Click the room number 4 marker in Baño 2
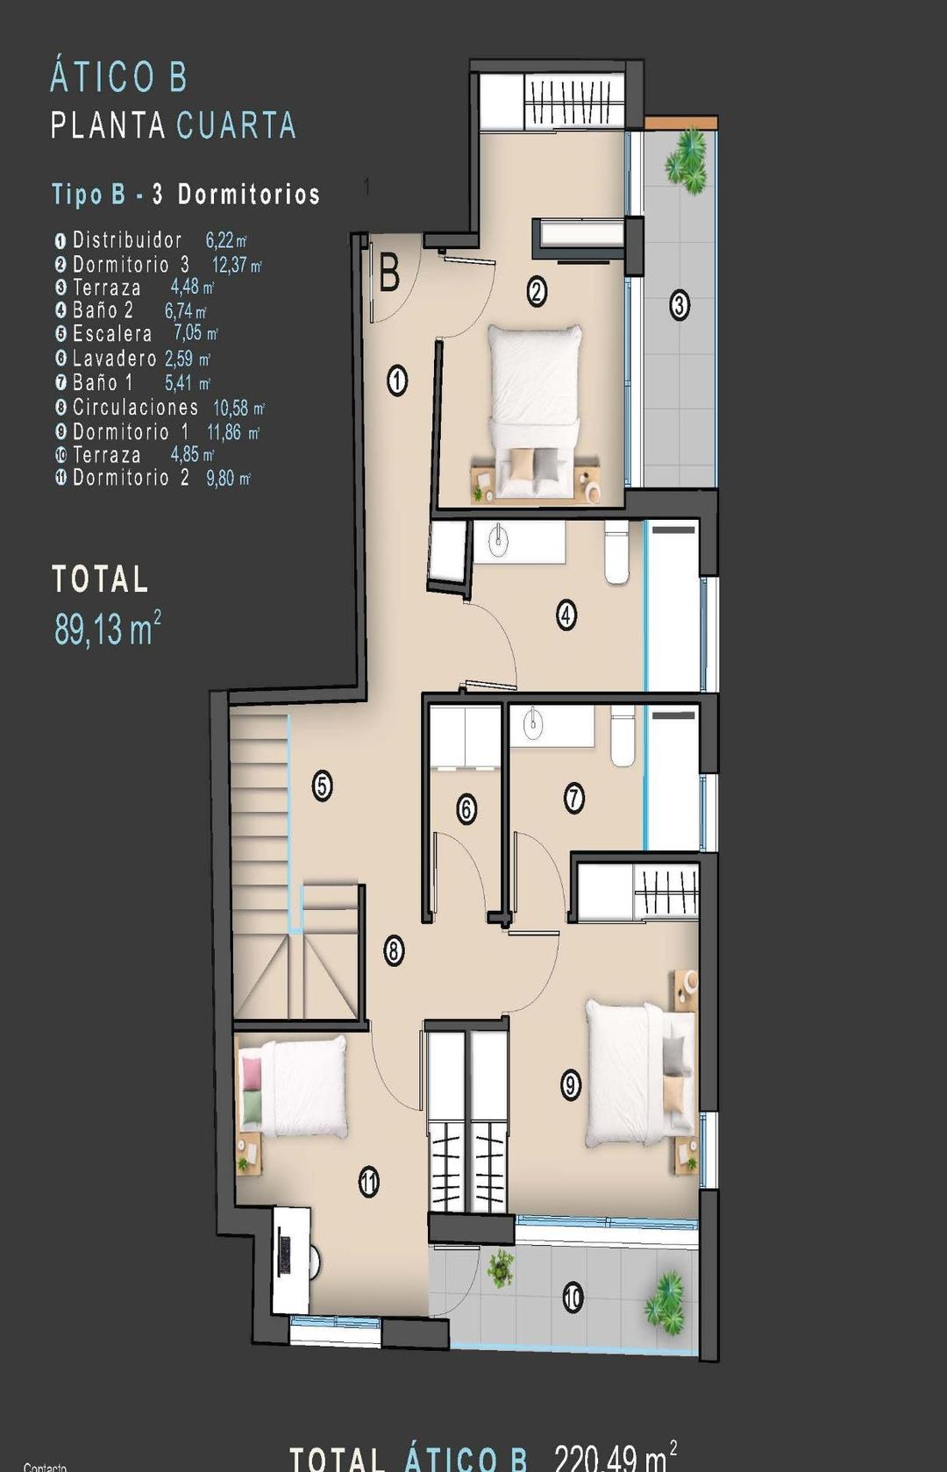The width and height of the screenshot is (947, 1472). point(566,615)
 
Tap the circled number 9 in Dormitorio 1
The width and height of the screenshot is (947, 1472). point(571,1085)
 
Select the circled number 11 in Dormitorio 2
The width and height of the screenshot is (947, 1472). point(369,1183)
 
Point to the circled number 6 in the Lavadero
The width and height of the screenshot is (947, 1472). point(466,808)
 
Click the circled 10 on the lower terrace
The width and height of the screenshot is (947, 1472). point(573,1297)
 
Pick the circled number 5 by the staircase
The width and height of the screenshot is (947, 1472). point(322,786)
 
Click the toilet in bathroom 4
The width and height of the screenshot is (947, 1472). point(616,554)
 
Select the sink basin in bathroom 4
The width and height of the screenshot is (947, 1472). point(498,542)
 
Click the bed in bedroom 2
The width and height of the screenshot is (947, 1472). point(535,408)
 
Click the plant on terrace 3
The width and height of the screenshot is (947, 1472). point(687,162)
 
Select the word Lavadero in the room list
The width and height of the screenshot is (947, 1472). point(115,359)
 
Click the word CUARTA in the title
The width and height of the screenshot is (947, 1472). point(236,126)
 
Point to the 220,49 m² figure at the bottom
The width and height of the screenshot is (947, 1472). point(615,1456)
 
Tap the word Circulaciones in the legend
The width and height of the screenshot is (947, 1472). point(135,408)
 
